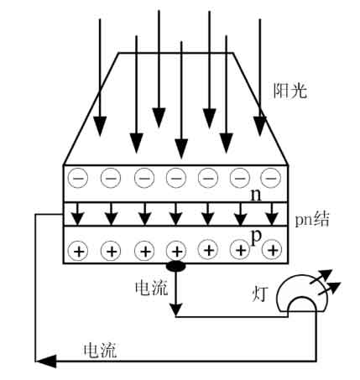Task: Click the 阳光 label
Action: [x=290, y=91]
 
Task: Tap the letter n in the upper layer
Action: [x=256, y=195]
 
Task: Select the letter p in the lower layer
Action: [x=256, y=238]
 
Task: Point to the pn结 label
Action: [x=312, y=219]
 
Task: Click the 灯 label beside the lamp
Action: [x=260, y=294]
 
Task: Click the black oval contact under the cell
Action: [x=175, y=266]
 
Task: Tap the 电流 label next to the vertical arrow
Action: [x=151, y=288]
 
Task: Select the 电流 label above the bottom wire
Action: [x=100, y=350]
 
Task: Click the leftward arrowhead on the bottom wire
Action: [x=46, y=361]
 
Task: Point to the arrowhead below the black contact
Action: [x=176, y=310]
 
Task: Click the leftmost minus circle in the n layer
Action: [x=78, y=178]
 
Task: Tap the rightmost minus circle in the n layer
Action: [x=271, y=178]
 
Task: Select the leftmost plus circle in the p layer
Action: [x=79, y=251]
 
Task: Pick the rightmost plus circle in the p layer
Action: [x=272, y=250]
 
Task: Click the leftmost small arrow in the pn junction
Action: [x=78, y=214]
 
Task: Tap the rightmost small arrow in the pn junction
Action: [x=272, y=214]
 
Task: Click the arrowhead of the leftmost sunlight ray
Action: [x=100, y=127]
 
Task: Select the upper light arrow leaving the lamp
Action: [x=321, y=277]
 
